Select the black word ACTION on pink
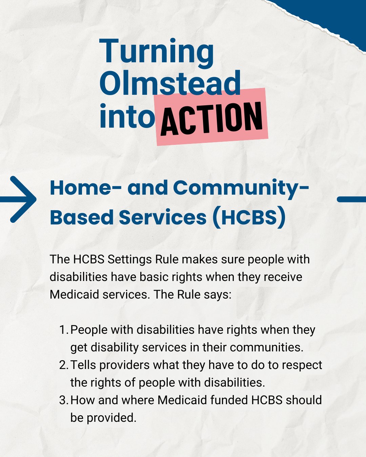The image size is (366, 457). (x=212, y=118)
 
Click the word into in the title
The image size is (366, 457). (x=127, y=116)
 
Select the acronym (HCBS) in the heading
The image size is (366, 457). (x=249, y=217)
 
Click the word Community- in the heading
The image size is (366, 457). (x=241, y=188)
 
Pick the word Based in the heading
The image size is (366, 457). (x=81, y=217)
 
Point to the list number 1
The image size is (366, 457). (x=63, y=330)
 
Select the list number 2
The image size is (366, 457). (x=63, y=365)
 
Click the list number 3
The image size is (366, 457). (x=63, y=400)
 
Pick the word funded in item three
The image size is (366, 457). (x=229, y=400)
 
